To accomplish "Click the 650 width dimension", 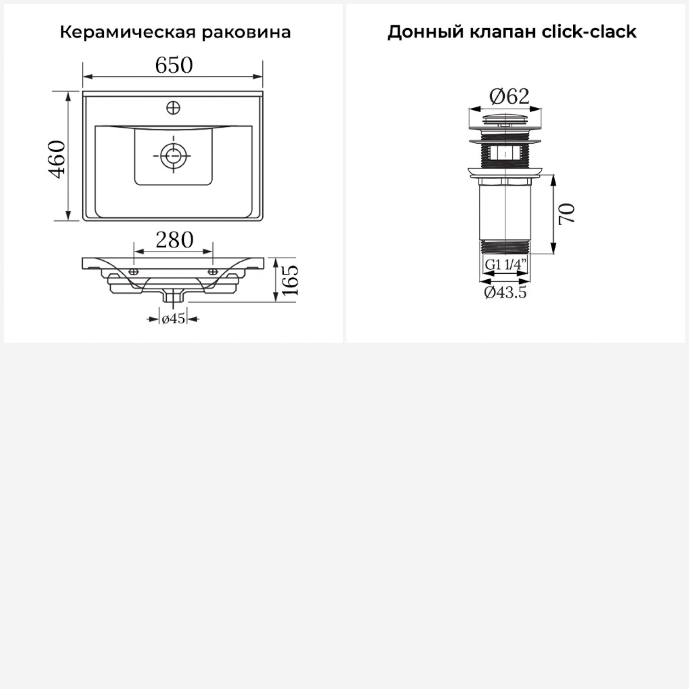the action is [174, 65].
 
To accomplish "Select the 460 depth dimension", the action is [58, 159].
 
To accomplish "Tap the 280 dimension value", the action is [174, 240].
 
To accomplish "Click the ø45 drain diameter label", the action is [173, 319].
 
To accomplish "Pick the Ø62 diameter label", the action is [509, 96].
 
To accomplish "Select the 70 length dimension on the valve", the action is [567, 214].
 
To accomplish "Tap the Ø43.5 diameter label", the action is [505, 292].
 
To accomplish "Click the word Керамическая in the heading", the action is [124, 33].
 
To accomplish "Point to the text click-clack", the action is [589, 32].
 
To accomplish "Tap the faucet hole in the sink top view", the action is [173, 108].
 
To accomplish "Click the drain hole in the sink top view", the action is [173, 155].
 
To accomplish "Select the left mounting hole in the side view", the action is [133, 272].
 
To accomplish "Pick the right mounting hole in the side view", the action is [213, 272].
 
